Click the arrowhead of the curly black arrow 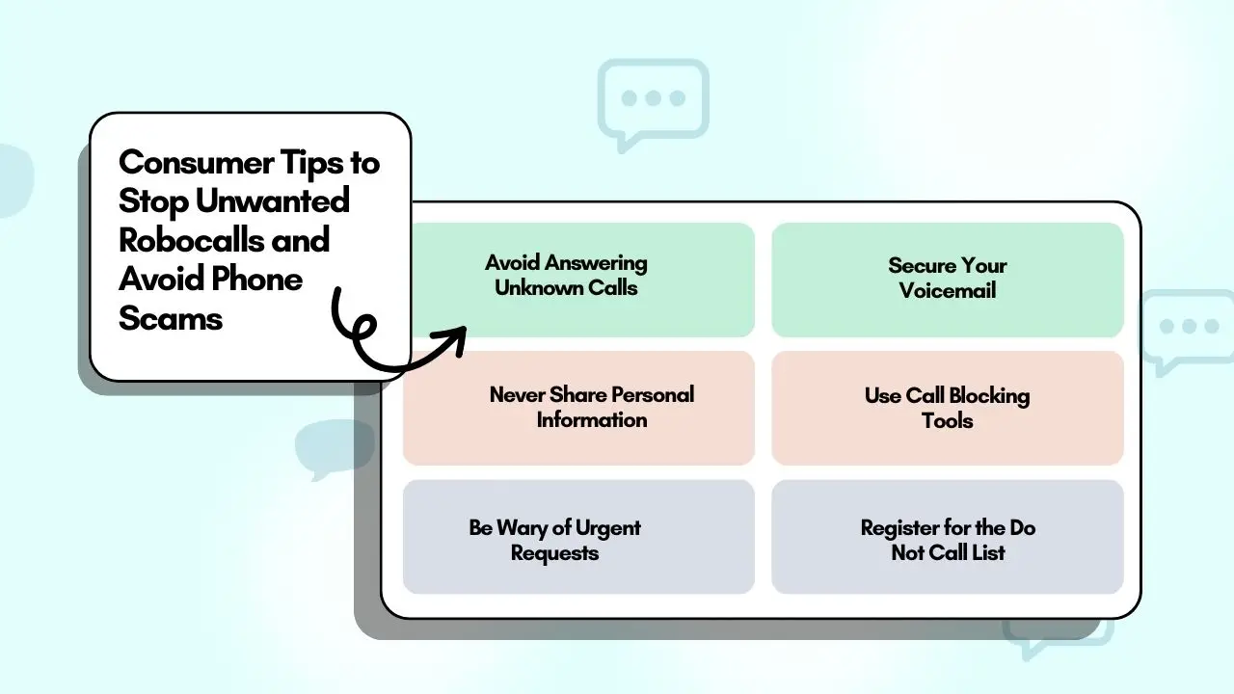pyautogui.click(x=455, y=338)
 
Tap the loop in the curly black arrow pyautogui.click(x=363, y=334)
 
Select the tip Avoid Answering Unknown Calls pyautogui.click(x=566, y=275)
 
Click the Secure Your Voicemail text pyautogui.click(x=947, y=278)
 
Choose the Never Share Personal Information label pyautogui.click(x=591, y=407)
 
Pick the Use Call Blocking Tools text pyautogui.click(x=947, y=408)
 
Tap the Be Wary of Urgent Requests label pyautogui.click(x=554, y=540)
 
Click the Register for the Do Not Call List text pyautogui.click(x=948, y=540)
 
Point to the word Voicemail pyautogui.click(x=947, y=290)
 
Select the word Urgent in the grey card pyautogui.click(x=608, y=528)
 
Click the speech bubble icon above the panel pyautogui.click(x=653, y=101)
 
